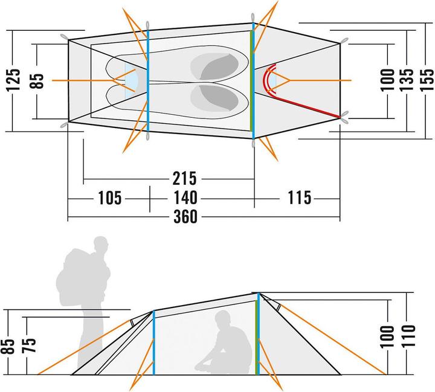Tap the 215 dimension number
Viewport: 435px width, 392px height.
tap(185, 179)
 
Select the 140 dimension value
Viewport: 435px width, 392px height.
tap(185, 198)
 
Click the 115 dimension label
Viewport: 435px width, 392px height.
tap(295, 198)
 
